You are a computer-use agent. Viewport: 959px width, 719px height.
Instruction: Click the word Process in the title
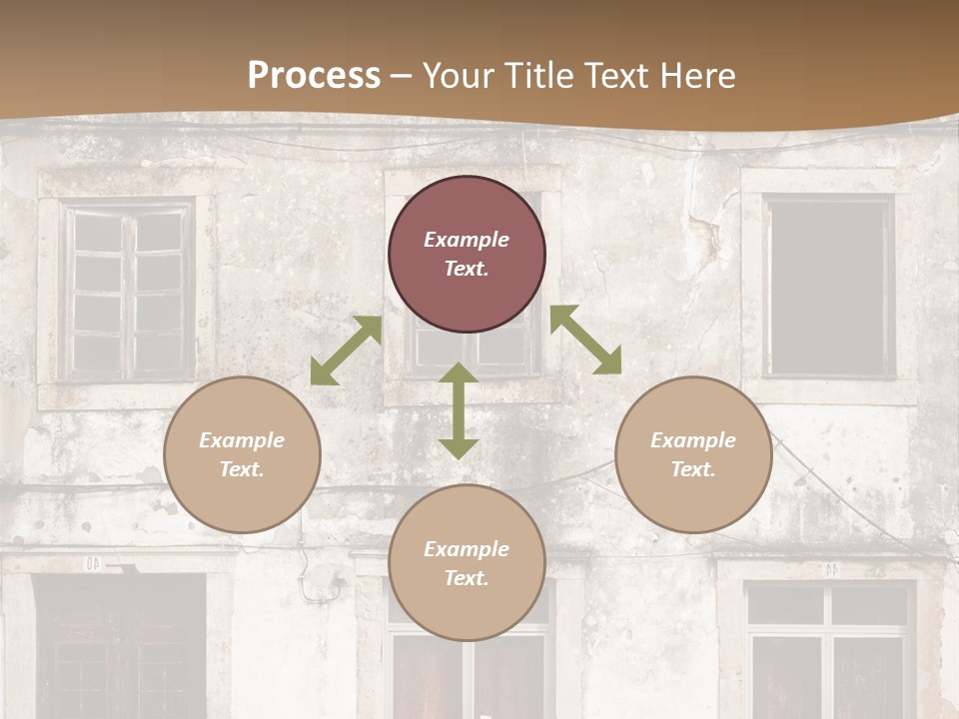pos(314,76)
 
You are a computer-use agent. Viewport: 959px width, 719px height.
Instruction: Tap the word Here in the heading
pos(695,76)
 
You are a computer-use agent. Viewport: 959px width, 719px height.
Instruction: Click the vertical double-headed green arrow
pos(459,410)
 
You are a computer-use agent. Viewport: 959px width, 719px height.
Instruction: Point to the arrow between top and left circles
pos(346,351)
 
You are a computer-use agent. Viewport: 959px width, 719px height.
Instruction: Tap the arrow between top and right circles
pos(585,340)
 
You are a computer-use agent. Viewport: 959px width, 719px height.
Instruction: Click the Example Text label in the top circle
pos(467,254)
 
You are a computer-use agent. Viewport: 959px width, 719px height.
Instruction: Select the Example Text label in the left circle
pos(242,454)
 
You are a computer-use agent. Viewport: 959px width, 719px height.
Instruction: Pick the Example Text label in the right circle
pos(693,454)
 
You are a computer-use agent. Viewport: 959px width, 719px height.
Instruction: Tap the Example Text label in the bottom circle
pos(467,563)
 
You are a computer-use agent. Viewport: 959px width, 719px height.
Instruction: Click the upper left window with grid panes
pos(127,290)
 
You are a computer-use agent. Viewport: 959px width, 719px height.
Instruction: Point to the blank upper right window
pos(829,287)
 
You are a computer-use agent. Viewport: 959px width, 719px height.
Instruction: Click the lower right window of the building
pos(829,649)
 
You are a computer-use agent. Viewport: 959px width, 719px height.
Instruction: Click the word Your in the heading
pos(455,76)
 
